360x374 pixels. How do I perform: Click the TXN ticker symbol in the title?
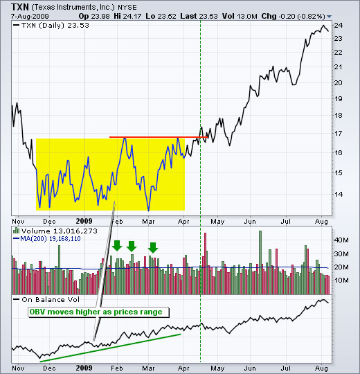coord(20,7)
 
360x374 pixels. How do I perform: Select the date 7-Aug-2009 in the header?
coord(30,17)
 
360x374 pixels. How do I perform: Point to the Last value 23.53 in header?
coord(199,16)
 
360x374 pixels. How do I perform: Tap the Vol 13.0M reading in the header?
coord(240,16)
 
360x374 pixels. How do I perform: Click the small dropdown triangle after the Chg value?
coord(330,17)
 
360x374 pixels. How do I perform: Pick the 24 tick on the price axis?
coord(338,26)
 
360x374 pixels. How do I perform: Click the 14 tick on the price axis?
coord(338,194)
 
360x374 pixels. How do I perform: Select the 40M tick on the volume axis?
coord(341,240)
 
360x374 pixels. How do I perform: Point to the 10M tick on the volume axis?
coord(341,280)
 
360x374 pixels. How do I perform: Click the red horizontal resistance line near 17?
coord(159,137)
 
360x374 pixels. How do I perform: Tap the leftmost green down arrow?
coord(117,246)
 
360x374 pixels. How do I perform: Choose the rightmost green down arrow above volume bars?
coord(153,247)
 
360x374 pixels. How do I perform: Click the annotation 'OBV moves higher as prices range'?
coord(96,312)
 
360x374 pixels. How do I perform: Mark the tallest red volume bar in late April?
coord(206,264)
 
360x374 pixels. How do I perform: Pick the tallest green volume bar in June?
coord(260,262)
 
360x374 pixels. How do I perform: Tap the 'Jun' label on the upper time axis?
coord(250,222)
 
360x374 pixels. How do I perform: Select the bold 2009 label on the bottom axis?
coord(84,368)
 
